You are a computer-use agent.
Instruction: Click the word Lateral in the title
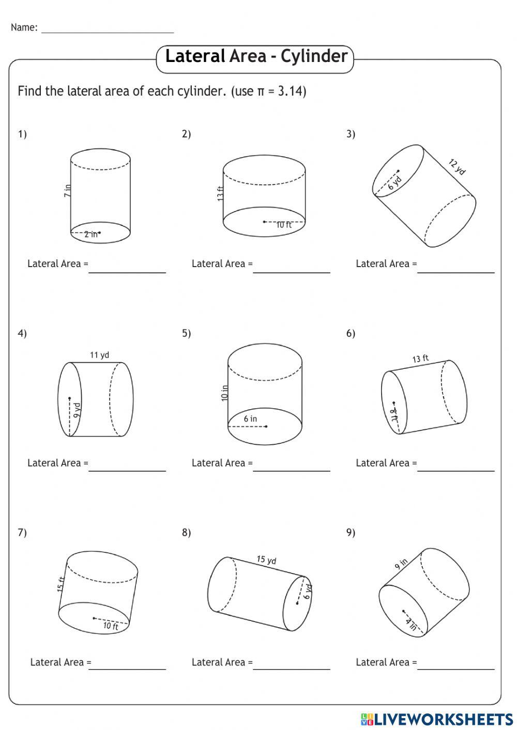tap(195, 56)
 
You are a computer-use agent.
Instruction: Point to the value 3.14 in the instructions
tap(292, 91)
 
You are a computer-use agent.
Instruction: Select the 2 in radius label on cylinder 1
tap(90, 235)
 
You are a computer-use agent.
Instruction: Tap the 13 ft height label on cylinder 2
tap(220, 193)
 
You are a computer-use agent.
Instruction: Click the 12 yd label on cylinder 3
tap(457, 167)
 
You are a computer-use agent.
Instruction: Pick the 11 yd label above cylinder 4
tap(99, 355)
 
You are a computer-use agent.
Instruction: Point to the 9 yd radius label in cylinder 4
tap(77, 410)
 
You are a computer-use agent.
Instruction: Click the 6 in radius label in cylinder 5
tap(250, 419)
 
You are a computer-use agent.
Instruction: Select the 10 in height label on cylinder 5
tap(224, 393)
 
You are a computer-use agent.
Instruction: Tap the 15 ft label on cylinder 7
tap(61, 584)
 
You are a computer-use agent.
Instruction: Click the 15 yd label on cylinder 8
tap(266, 560)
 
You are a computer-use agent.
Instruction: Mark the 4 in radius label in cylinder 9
tap(411, 624)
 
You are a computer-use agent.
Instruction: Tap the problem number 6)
tap(351, 333)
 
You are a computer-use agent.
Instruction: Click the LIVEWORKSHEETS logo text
tap(443, 719)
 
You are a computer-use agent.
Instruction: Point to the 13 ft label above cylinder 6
tap(420, 359)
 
